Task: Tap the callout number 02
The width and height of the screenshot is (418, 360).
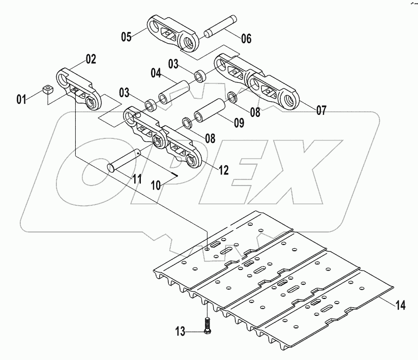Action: (90, 59)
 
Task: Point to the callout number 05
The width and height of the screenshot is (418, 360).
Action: (126, 36)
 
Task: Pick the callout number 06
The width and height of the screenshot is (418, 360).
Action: (246, 38)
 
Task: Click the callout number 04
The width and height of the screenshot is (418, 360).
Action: (155, 74)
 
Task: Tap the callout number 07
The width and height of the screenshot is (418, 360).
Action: (321, 109)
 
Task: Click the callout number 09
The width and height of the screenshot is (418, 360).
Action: (238, 123)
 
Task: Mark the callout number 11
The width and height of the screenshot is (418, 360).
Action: (137, 178)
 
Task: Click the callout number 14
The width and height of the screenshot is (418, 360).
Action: (400, 305)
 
